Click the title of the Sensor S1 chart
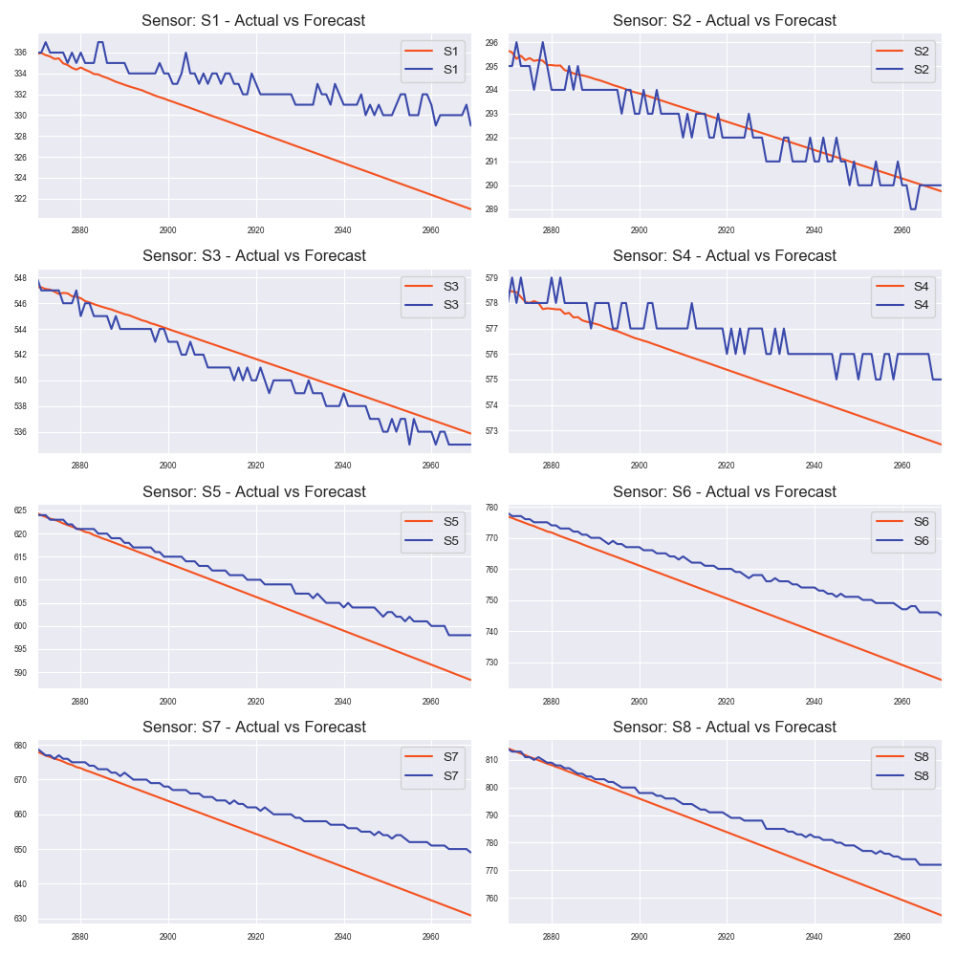253,20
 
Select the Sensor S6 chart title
724,492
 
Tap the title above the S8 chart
724,728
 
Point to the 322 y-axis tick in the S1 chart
20,199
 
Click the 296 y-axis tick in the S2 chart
490,43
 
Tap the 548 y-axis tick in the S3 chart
20,278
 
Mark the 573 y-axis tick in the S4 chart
490,431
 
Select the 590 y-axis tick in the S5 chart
20,673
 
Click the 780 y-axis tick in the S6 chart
490,508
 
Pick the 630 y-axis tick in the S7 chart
20,919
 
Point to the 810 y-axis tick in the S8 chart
490,760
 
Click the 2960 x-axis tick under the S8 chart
902,936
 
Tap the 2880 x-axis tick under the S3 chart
80,465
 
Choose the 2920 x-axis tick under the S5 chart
255,701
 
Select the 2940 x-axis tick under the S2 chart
814,230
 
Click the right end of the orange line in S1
470,208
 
